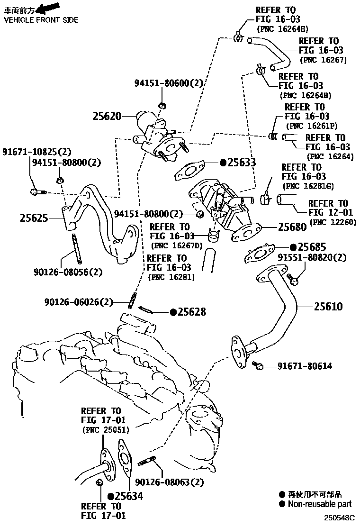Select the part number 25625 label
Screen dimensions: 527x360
pyautogui.click(x=35, y=218)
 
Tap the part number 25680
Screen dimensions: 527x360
pyautogui.click(x=292, y=227)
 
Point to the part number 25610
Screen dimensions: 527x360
pyautogui.click(x=328, y=307)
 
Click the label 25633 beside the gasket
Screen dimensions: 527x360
pyautogui.click(x=242, y=163)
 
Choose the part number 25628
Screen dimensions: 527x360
pyautogui.click(x=192, y=312)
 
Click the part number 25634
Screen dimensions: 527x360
pyautogui.click(x=129, y=496)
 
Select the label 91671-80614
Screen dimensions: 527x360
pyautogui.click(x=305, y=366)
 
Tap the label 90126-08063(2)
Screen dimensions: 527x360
pyautogui.click(x=169, y=482)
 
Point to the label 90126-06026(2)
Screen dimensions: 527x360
pyautogui.click(x=79, y=301)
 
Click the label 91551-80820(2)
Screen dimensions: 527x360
pyautogui.click(x=312, y=258)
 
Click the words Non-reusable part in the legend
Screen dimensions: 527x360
pyautogui.click(x=320, y=504)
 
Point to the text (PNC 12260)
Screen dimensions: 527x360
pyautogui.click(x=333, y=222)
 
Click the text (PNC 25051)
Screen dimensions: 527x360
pyautogui.click(x=106, y=430)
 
